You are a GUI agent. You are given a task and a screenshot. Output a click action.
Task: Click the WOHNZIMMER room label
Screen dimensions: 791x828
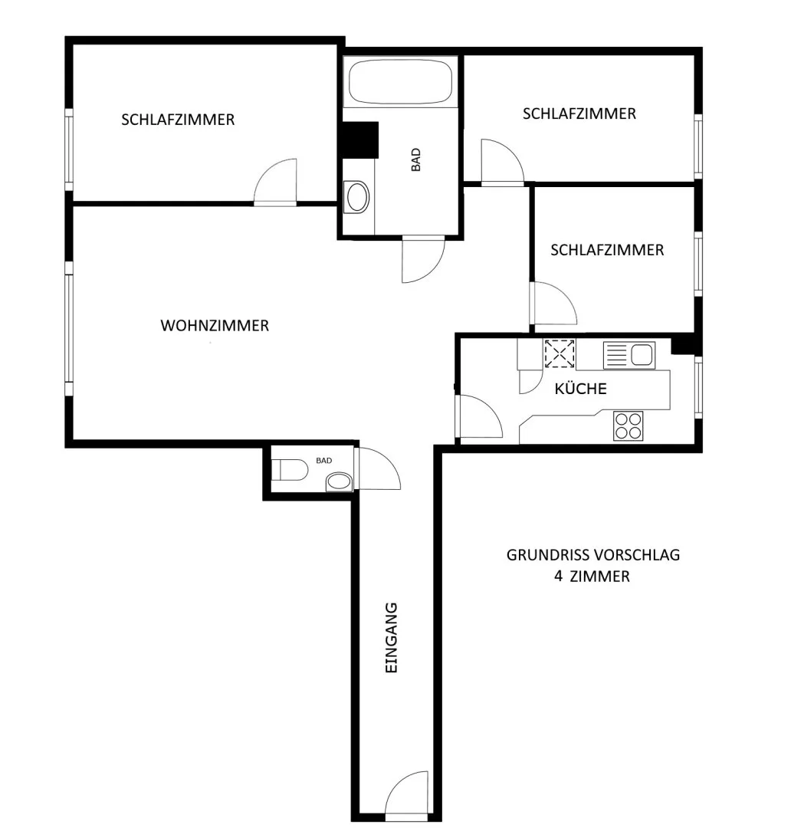tap(215, 325)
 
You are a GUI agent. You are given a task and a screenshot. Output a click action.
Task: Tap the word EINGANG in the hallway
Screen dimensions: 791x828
tap(391, 637)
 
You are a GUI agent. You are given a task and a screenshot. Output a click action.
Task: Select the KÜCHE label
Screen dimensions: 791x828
tap(580, 389)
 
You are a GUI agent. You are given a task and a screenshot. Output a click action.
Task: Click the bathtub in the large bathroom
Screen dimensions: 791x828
tap(400, 82)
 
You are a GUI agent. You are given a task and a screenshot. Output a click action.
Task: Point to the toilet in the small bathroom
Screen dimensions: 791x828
tap(289, 469)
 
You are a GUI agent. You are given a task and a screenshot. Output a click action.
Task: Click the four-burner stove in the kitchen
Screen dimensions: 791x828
tap(629, 426)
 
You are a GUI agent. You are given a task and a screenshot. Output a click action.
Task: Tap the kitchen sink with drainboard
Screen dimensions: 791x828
tap(629, 355)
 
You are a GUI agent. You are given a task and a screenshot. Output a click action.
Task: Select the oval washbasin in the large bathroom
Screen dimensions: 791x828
tap(356, 197)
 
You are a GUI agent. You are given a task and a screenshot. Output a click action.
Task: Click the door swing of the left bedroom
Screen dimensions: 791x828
tap(275, 181)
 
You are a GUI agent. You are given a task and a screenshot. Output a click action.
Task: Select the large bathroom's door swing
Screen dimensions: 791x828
tap(423, 260)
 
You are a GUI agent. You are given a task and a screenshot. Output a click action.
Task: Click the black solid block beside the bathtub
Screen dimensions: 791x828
tap(360, 140)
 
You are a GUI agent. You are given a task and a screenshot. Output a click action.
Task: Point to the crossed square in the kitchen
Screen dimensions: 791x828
tap(560, 353)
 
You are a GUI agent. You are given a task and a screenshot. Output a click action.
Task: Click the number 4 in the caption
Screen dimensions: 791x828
tap(558, 576)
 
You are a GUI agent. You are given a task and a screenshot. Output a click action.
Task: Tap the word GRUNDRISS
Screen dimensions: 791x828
tap(547, 555)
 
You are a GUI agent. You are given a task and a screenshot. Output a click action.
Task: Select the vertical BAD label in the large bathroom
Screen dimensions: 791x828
tap(416, 159)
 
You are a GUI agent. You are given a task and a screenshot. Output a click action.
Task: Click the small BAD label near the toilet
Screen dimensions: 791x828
tap(323, 461)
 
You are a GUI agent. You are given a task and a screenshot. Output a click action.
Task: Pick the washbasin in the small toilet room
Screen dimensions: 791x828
tap(339, 481)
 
